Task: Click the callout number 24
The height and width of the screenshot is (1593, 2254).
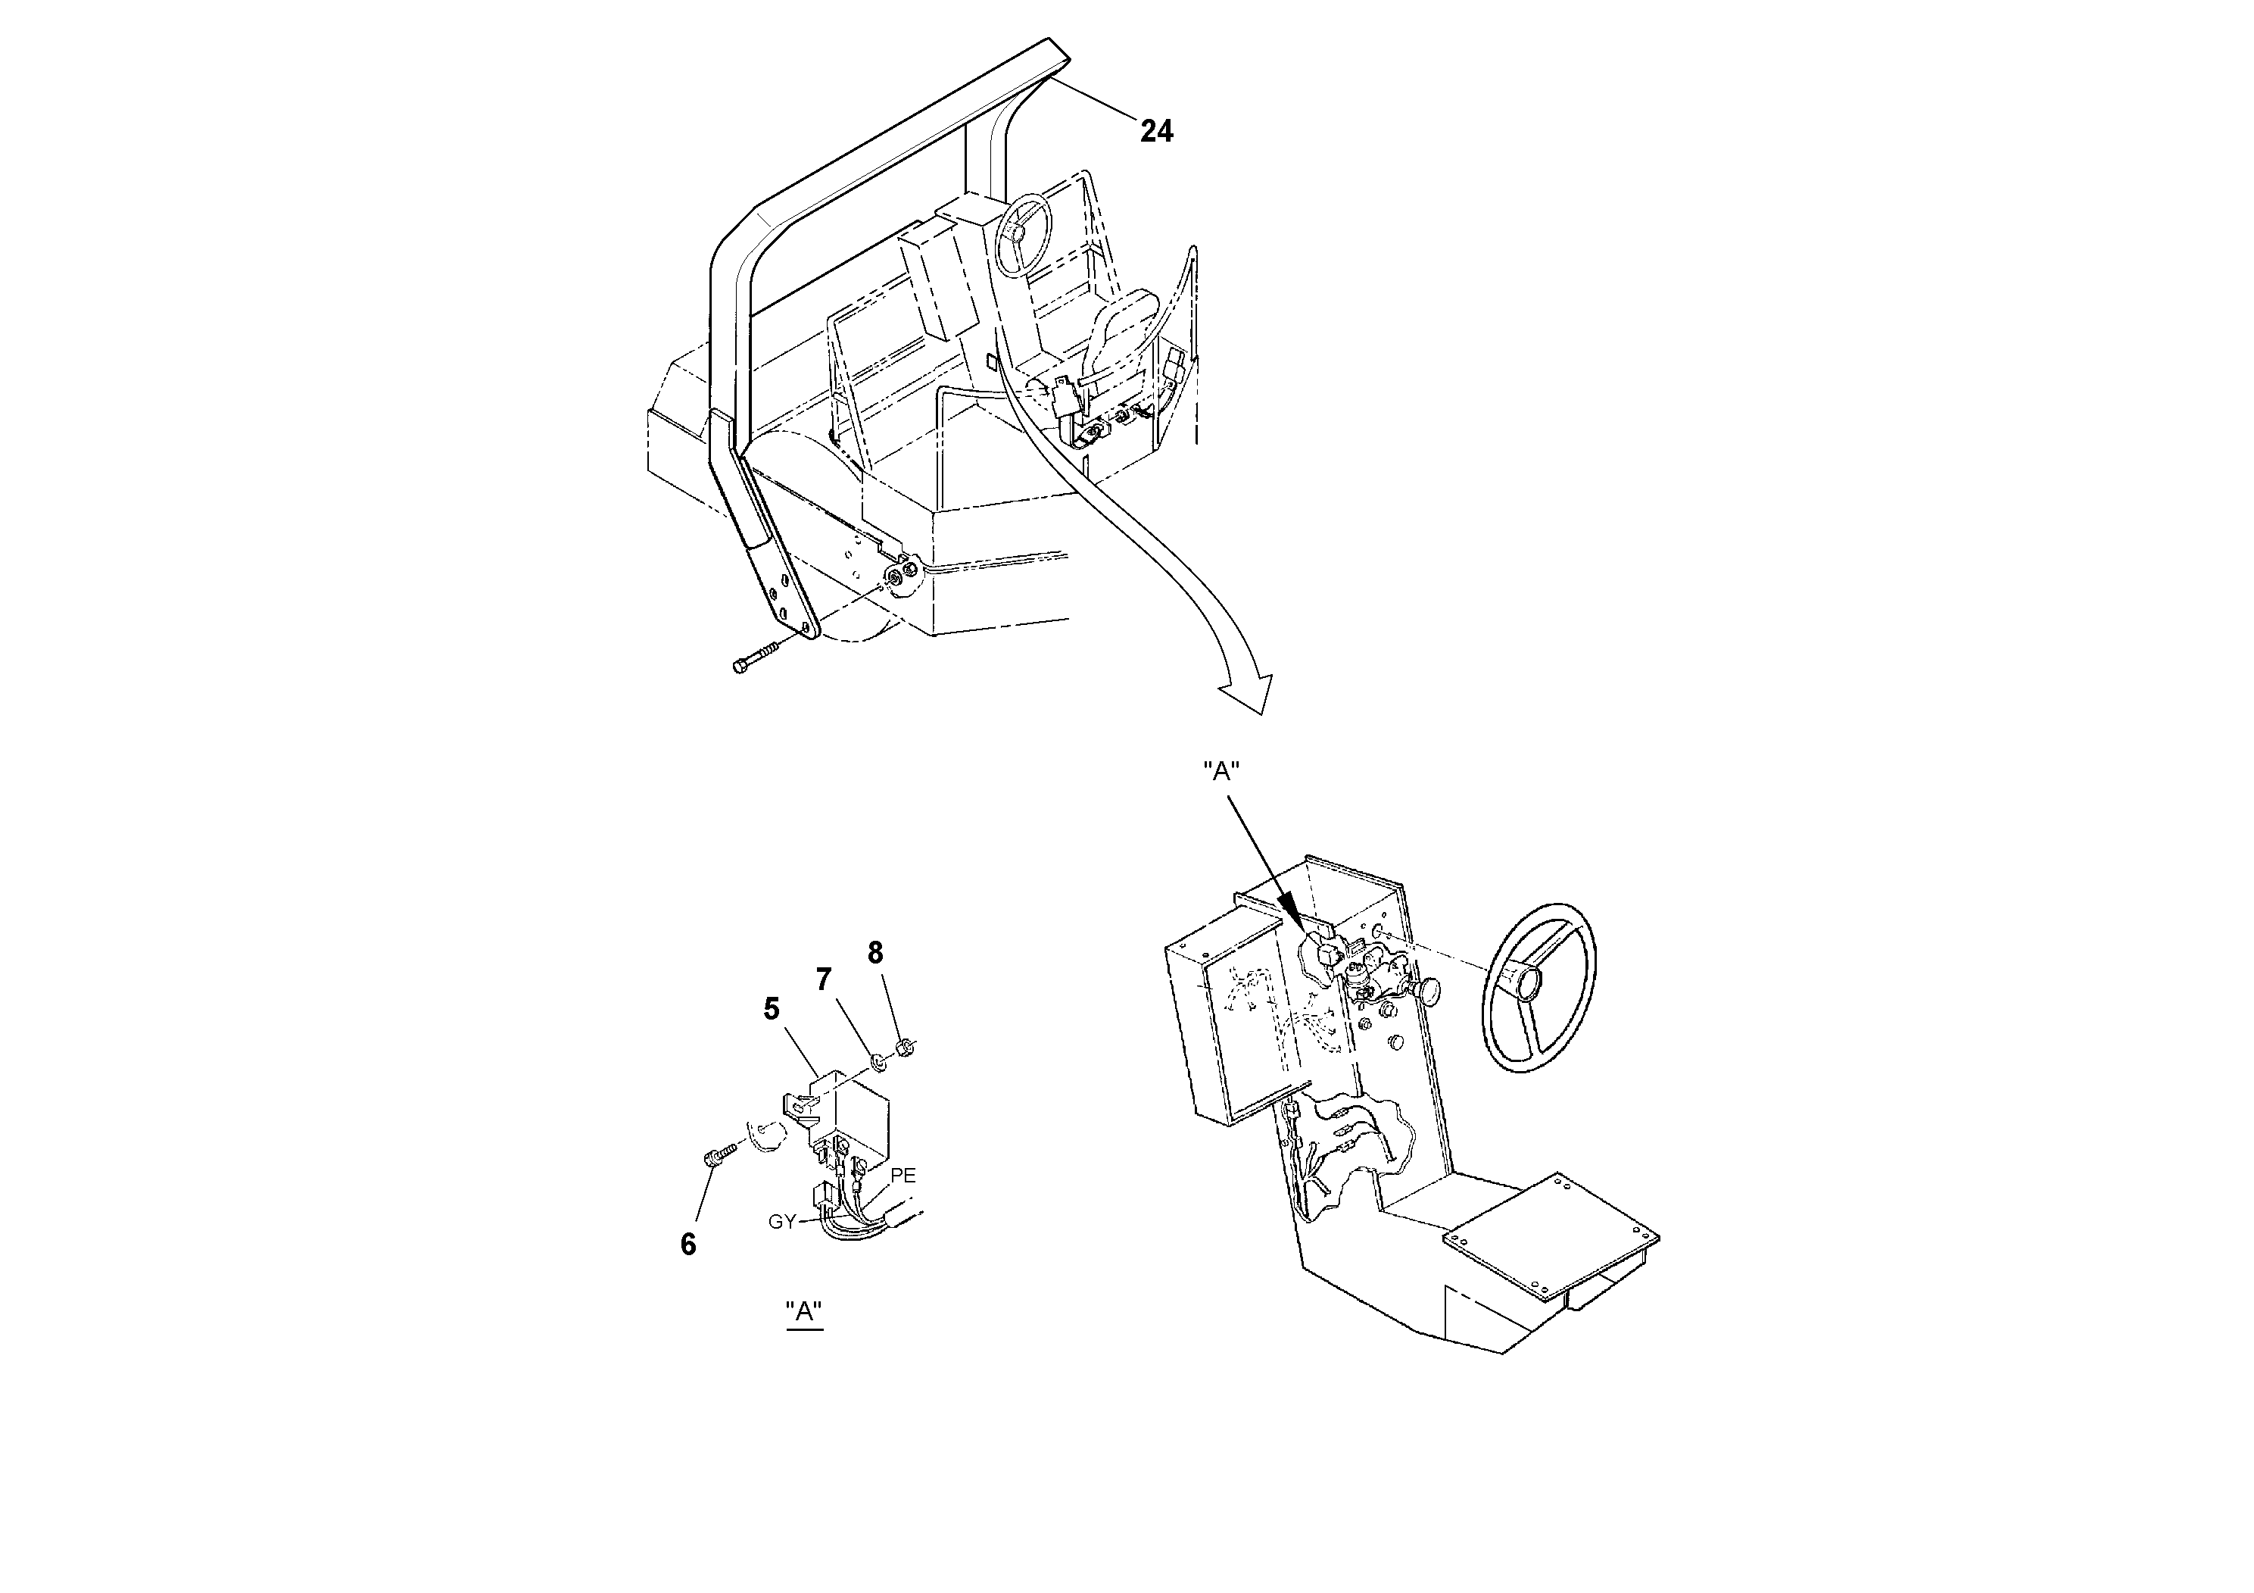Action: pos(1155,130)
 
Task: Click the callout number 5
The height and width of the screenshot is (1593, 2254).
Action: pos(772,1009)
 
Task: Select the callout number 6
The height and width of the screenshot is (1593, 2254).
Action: pos(688,1245)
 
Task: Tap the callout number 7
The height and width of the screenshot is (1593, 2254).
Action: pos(824,979)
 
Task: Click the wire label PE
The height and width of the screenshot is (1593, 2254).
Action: pos(903,1176)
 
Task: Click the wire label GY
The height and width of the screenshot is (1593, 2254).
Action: pos(781,1222)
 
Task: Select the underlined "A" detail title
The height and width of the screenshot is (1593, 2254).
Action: pos(804,1311)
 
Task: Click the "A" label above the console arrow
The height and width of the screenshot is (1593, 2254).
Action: pos(1221,772)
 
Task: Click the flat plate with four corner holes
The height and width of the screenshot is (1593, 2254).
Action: pos(1551,1232)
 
